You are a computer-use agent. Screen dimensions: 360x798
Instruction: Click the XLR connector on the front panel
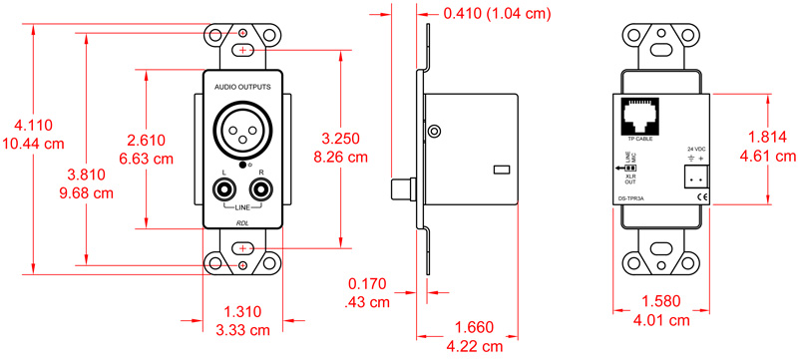click(243, 129)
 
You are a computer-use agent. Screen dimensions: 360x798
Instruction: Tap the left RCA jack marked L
click(222, 185)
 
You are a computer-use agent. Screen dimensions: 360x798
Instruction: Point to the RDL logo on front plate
click(243, 221)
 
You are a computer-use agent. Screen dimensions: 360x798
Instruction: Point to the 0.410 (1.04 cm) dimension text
click(496, 14)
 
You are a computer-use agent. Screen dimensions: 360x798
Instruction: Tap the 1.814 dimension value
click(772, 139)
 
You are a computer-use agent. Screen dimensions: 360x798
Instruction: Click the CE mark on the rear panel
click(701, 198)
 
